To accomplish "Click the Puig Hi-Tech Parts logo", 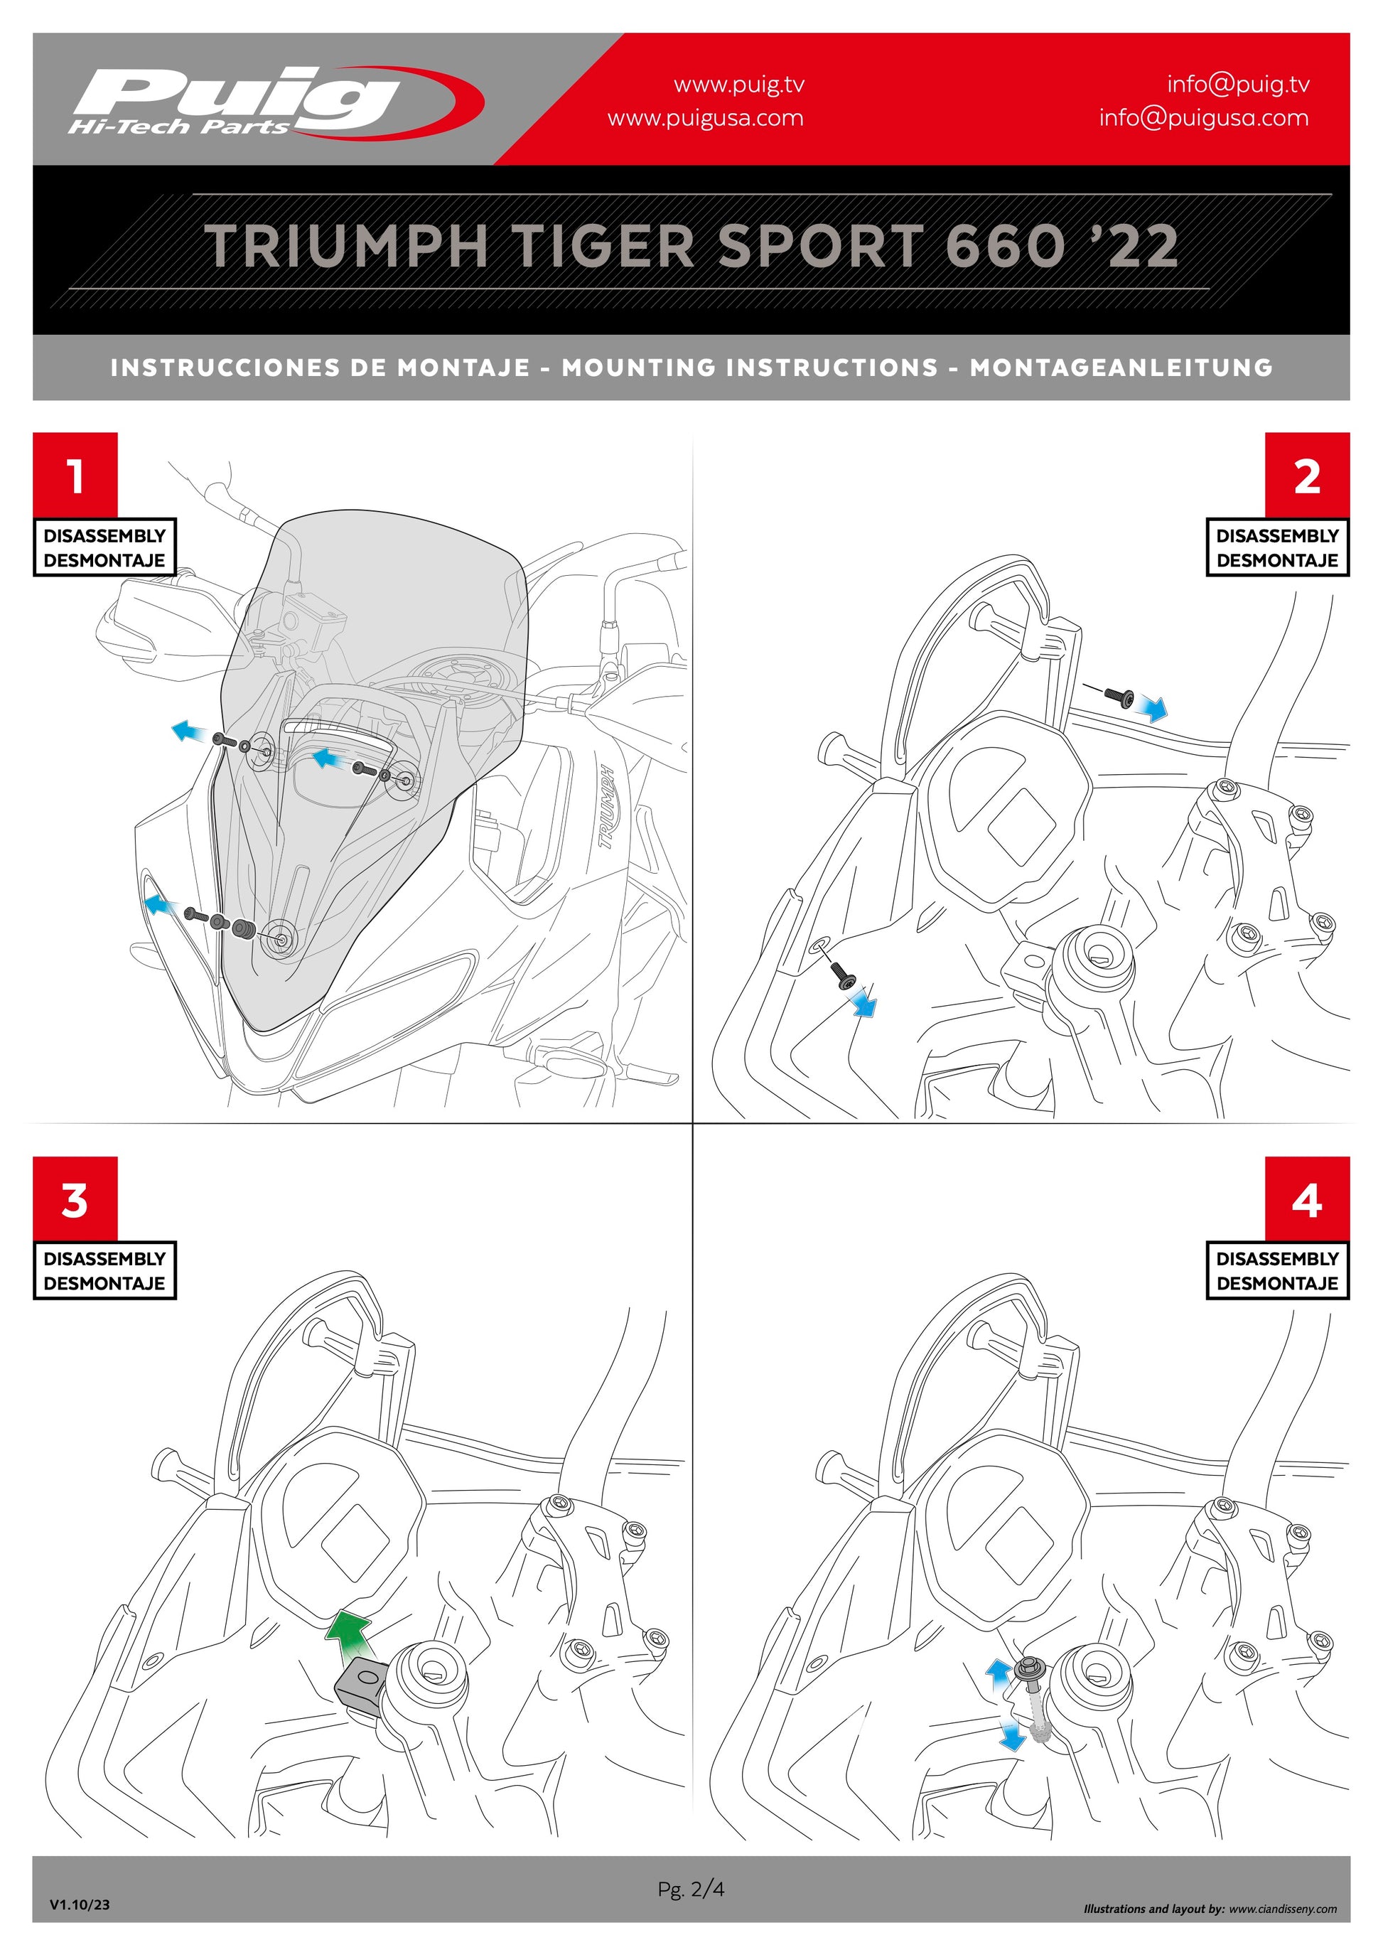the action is (x=274, y=100).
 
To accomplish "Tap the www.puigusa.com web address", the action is (x=706, y=117).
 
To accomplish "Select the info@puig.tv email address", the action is (x=1238, y=84).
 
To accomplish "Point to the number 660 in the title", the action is (x=1006, y=247).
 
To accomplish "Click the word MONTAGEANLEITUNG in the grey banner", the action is (x=1121, y=368).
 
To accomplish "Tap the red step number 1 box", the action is (x=75, y=475).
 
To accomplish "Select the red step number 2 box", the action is (x=1307, y=475).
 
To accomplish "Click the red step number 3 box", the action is (x=75, y=1199).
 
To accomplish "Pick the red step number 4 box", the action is (x=1307, y=1199).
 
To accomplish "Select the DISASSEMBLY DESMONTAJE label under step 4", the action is (x=1277, y=1271).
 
